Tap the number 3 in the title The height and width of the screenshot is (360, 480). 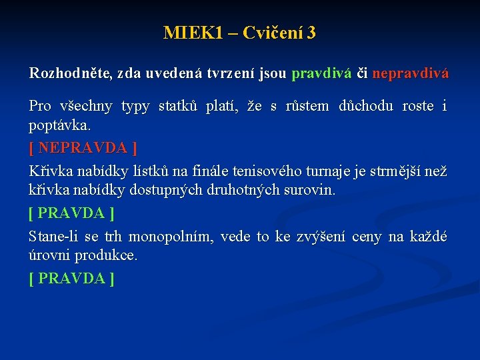pos(311,33)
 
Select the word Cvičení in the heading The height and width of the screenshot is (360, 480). pos(273,33)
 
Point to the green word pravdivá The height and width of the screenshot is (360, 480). pos(321,73)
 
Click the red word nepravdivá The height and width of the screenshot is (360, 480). pos(410,73)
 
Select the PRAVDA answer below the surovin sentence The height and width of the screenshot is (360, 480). pos(71,213)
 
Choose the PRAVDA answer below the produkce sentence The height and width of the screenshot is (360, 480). pos(71,279)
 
